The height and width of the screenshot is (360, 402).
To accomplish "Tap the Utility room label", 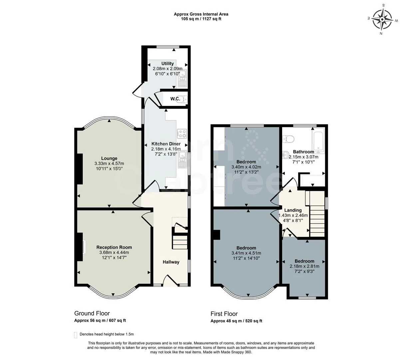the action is (x=168, y=63).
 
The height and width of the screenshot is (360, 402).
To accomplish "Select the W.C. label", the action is (x=175, y=99).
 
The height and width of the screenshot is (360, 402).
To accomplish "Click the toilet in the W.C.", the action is (x=184, y=99).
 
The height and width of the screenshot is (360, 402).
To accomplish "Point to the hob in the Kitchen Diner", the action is (x=182, y=134).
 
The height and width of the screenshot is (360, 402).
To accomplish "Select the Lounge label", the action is (x=109, y=158).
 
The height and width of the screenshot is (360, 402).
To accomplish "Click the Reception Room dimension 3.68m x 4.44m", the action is (x=114, y=252).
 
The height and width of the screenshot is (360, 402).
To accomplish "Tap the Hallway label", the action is (x=171, y=262).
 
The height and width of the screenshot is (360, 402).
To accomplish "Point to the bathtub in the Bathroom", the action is (x=318, y=141).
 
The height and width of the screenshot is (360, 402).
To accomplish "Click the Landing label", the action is (x=293, y=210).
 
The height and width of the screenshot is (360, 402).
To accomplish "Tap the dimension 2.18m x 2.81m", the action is (x=304, y=266).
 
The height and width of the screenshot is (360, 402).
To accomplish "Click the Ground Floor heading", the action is (x=92, y=313).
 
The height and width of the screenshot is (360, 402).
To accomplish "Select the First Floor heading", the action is (x=224, y=314).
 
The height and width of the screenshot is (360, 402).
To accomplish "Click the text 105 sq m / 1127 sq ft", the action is (x=201, y=19).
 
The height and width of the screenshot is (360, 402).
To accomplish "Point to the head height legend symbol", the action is (x=75, y=335).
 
